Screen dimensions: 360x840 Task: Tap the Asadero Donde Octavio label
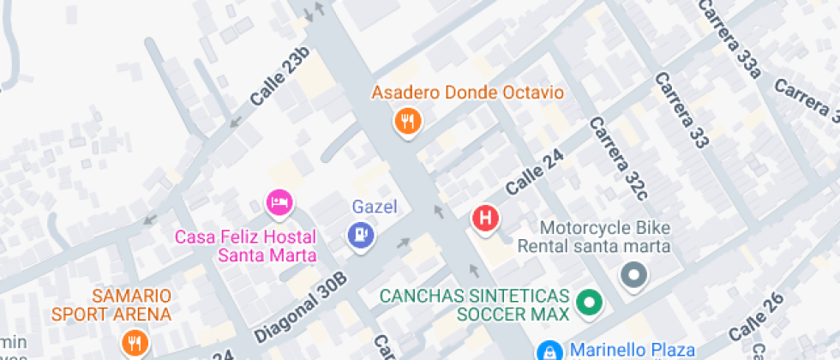(467, 93)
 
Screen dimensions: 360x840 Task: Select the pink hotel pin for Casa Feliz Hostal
(279, 203)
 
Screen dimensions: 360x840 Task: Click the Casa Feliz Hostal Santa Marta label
(245, 246)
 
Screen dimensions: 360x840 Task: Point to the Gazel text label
(375, 207)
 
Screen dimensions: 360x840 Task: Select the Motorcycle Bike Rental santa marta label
(593, 237)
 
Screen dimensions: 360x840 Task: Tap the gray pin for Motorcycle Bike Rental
(634, 276)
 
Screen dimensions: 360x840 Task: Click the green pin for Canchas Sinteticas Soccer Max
(589, 302)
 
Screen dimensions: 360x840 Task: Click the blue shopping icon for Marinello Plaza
(548, 351)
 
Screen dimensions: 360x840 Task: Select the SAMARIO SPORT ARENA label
(111, 304)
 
